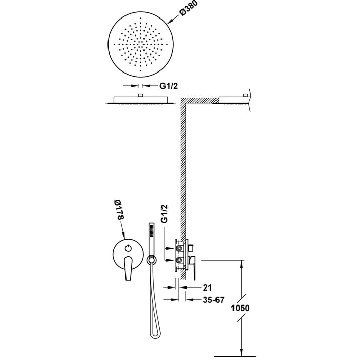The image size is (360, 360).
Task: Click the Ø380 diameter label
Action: click(189, 8)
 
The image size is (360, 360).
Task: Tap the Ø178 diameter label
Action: click(120, 210)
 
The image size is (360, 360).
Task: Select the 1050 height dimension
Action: click(240, 308)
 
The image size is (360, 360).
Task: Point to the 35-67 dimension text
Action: click(213, 300)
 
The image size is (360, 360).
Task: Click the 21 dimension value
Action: click(207, 287)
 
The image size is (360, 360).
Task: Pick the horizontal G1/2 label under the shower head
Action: click(169, 86)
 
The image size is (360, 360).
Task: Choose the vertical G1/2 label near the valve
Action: click(164, 213)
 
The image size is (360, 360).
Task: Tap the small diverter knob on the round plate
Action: click(129, 248)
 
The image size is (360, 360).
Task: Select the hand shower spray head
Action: click(151, 239)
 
